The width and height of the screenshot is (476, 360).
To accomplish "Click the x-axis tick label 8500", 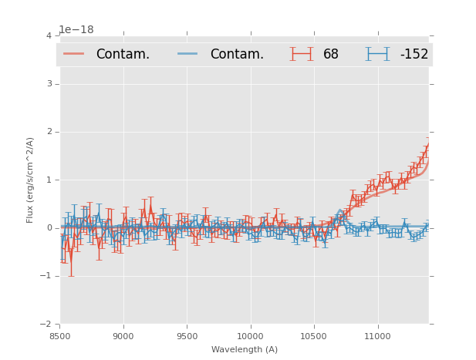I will tap(60, 336).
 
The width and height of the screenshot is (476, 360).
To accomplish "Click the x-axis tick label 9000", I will tap(123, 336).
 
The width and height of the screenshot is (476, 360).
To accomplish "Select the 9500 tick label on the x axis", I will tap(187, 336).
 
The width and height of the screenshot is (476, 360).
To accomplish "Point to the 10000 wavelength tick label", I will tap(250, 336).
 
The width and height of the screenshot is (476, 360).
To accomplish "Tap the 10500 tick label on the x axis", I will tap(313, 336).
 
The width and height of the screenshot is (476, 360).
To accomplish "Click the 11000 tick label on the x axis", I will tap(376, 336).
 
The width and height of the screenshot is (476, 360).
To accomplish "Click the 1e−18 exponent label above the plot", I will tap(76, 30).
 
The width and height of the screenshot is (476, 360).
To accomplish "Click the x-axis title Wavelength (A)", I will tap(244, 350).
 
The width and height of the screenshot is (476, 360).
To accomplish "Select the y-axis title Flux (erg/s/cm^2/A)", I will tap(31, 180).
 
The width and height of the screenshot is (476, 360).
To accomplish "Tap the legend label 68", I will tap(331, 55).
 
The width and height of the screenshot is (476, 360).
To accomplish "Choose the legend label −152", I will tap(414, 55).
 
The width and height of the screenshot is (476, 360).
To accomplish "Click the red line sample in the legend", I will tap(74, 54).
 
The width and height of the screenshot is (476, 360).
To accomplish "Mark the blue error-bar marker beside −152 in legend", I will tap(377, 54).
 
